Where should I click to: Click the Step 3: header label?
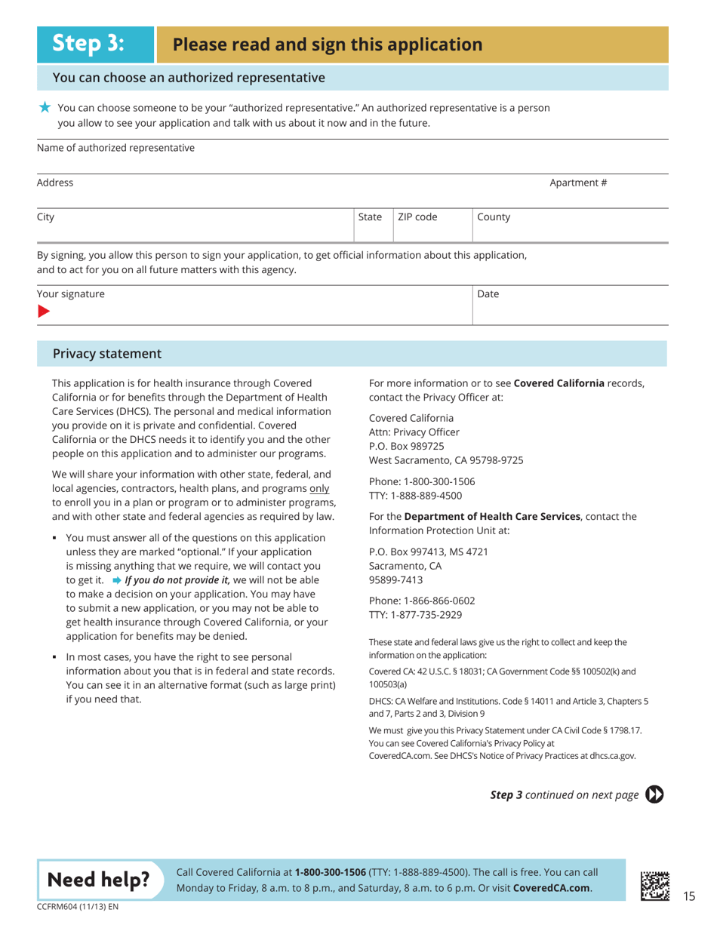(88, 44)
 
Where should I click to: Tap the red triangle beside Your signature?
(44, 311)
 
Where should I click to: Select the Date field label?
(488, 293)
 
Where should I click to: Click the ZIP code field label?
(417, 217)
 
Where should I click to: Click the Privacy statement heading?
(106, 353)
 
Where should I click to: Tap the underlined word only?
(319, 488)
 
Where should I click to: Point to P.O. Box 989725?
(406, 445)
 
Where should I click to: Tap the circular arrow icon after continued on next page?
(655, 794)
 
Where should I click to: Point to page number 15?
(688, 896)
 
